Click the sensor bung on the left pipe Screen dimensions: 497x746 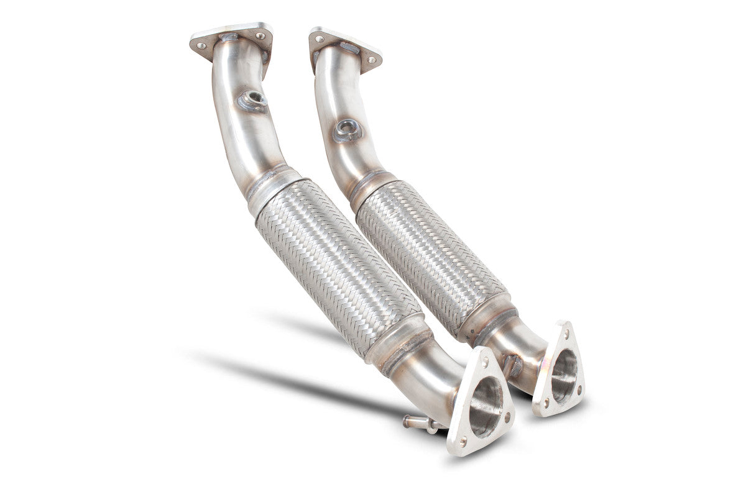click(252, 99)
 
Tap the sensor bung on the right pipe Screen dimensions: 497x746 click(347, 130)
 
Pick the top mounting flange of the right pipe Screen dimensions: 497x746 click(345, 47)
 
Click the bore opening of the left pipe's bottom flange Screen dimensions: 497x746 click(485, 406)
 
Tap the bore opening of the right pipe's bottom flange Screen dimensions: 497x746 click(563, 376)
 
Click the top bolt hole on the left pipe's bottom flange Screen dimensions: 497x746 click(486, 359)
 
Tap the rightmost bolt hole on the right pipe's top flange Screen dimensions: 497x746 click(372, 60)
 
